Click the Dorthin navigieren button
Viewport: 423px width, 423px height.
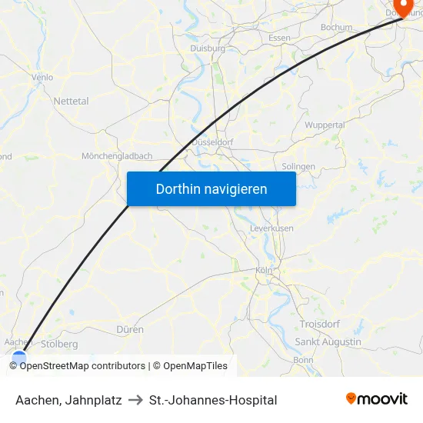(211, 188)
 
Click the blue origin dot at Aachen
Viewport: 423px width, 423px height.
(19, 355)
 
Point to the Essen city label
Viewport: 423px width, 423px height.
(279, 38)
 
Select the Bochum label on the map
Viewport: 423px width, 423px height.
(336, 27)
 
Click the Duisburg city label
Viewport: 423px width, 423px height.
(208, 48)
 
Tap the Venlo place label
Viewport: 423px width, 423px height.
(42, 77)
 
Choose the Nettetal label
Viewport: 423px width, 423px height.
(71, 101)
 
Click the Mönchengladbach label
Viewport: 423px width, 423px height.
(117, 155)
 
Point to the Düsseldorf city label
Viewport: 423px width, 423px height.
(211, 142)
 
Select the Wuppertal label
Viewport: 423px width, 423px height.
(325, 125)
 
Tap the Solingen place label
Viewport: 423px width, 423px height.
(298, 166)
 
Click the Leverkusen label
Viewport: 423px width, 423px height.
(271, 228)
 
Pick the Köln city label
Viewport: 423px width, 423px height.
(265, 270)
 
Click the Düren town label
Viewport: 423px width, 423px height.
(130, 329)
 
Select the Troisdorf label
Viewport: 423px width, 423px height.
(321, 325)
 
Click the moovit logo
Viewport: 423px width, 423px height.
(376, 399)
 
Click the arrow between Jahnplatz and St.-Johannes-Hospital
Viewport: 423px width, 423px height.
(135, 400)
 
